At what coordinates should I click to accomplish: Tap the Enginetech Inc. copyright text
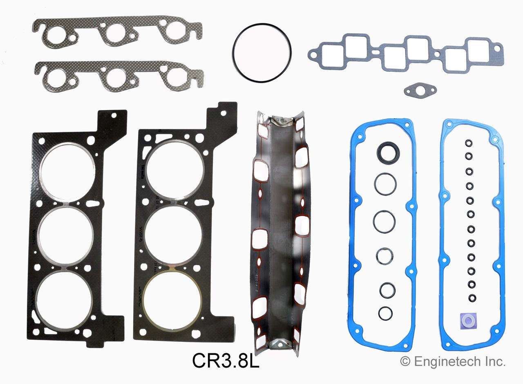pyautogui.click(x=453, y=361)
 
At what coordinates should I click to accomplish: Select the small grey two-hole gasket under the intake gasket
pyautogui.click(x=420, y=90)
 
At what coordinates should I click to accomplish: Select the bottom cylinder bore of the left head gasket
pyautogui.click(x=64, y=301)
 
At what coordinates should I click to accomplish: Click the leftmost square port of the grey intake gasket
pyautogui.click(x=333, y=57)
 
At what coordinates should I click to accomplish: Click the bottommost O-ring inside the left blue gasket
pyautogui.click(x=385, y=313)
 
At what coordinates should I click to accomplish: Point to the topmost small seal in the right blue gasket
pyautogui.click(x=469, y=143)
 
